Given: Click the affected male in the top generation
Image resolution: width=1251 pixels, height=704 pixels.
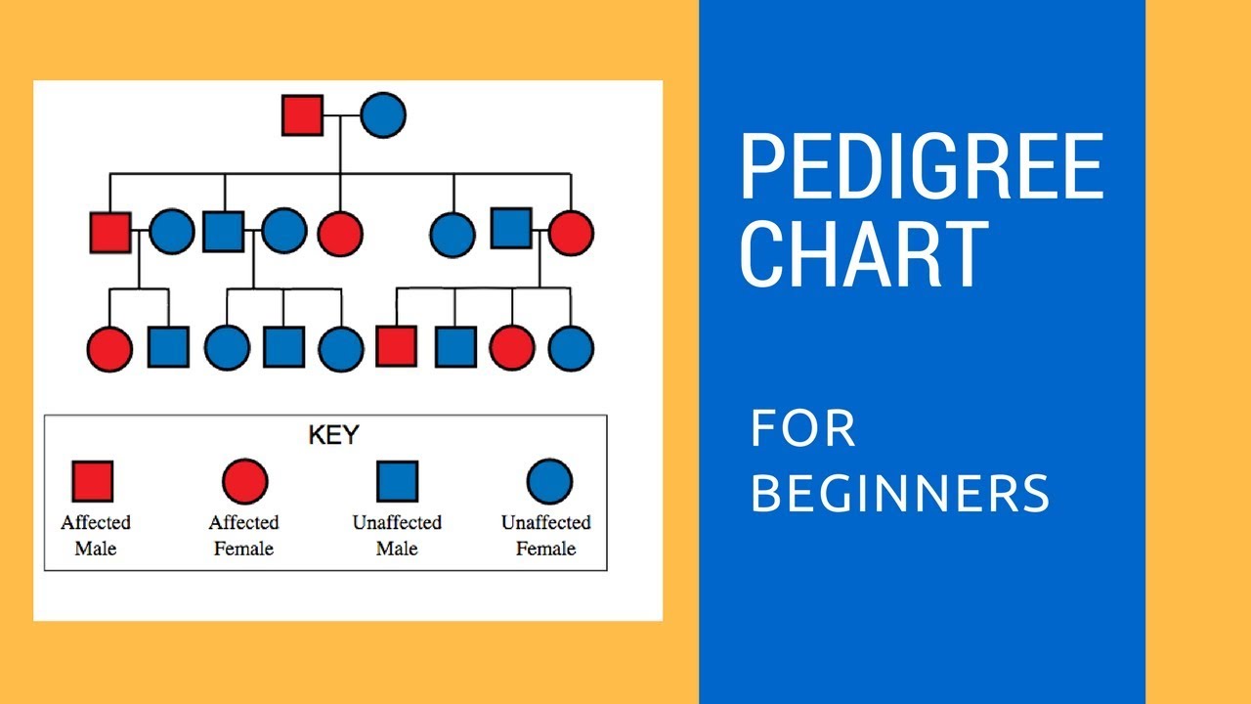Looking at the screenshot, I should click(x=303, y=115).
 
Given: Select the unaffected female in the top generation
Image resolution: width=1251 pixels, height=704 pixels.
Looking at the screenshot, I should click(x=383, y=115).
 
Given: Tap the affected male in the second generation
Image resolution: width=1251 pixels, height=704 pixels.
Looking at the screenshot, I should click(x=110, y=233).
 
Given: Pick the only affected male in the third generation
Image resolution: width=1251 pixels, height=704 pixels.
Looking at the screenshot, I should click(x=397, y=347).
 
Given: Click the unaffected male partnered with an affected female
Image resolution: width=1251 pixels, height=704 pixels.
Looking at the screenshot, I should click(x=511, y=228).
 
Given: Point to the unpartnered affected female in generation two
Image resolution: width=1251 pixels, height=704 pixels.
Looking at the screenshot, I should click(x=340, y=234).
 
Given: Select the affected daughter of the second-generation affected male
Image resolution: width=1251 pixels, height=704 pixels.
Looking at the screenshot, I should click(x=109, y=349).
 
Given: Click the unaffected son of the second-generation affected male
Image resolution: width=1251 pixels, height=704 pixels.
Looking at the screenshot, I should click(x=168, y=347).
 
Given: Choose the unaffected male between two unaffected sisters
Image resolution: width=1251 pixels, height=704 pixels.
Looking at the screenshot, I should click(x=283, y=347).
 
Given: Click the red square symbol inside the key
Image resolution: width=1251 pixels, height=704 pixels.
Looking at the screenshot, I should click(x=93, y=481).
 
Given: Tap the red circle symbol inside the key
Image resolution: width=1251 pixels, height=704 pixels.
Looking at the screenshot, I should click(x=244, y=481).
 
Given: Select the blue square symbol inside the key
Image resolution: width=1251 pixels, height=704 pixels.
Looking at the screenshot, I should click(x=398, y=481).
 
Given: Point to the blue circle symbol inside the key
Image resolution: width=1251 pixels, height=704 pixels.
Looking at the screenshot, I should click(x=549, y=481).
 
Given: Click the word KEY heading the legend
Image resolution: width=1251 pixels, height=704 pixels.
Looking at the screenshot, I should click(x=333, y=434).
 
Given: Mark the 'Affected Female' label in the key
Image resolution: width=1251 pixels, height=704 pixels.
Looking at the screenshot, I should click(x=244, y=536).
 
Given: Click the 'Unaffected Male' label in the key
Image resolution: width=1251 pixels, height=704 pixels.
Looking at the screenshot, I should click(x=398, y=536).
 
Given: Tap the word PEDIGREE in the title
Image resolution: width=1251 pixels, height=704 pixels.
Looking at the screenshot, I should click(x=922, y=167).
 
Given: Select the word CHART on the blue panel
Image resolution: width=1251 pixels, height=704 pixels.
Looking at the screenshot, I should click(x=864, y=254).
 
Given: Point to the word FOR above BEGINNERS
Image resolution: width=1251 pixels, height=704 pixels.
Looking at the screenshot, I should click(x=802, y=429).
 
